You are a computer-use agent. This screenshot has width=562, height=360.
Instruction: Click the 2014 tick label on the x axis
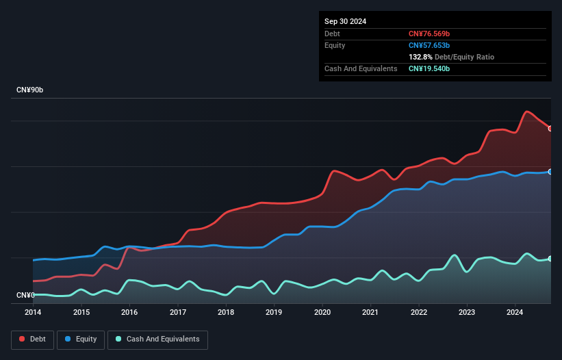pos(33,312)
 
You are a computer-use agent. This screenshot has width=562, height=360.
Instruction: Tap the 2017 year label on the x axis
pos(178,312)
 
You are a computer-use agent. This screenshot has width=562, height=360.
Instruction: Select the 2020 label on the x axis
pos(322,312)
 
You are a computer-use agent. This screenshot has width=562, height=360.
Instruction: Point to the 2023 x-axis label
pos(467,312)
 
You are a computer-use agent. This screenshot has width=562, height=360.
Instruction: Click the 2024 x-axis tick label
pos(515,312)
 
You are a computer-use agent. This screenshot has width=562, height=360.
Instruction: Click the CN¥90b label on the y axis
pos(30,90)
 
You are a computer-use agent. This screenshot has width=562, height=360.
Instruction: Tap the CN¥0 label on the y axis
pos(25,295)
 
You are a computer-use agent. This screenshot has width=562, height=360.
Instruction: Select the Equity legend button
pos(81,339)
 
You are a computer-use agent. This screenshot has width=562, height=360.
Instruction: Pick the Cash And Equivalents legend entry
pos(157,339)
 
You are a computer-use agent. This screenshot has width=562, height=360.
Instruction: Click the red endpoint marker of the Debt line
pos(550,129)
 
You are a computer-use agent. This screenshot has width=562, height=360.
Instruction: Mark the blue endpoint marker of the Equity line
pos(550,172)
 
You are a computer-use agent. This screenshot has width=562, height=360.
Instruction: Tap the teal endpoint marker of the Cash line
pos(550,259)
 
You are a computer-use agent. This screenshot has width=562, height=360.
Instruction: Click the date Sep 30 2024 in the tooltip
pos(346,21)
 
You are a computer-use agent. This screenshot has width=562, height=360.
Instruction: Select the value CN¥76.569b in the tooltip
pos(429,34)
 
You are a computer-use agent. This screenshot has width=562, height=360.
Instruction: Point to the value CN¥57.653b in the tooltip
pos(429,45)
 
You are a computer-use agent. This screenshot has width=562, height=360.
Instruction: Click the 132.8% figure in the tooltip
pos(420,57)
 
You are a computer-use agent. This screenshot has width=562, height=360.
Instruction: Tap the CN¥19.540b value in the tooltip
pos(429,68)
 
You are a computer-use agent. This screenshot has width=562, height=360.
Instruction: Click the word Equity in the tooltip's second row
pos(335,45)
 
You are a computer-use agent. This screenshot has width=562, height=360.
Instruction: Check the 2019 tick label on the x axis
pos(274,312)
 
